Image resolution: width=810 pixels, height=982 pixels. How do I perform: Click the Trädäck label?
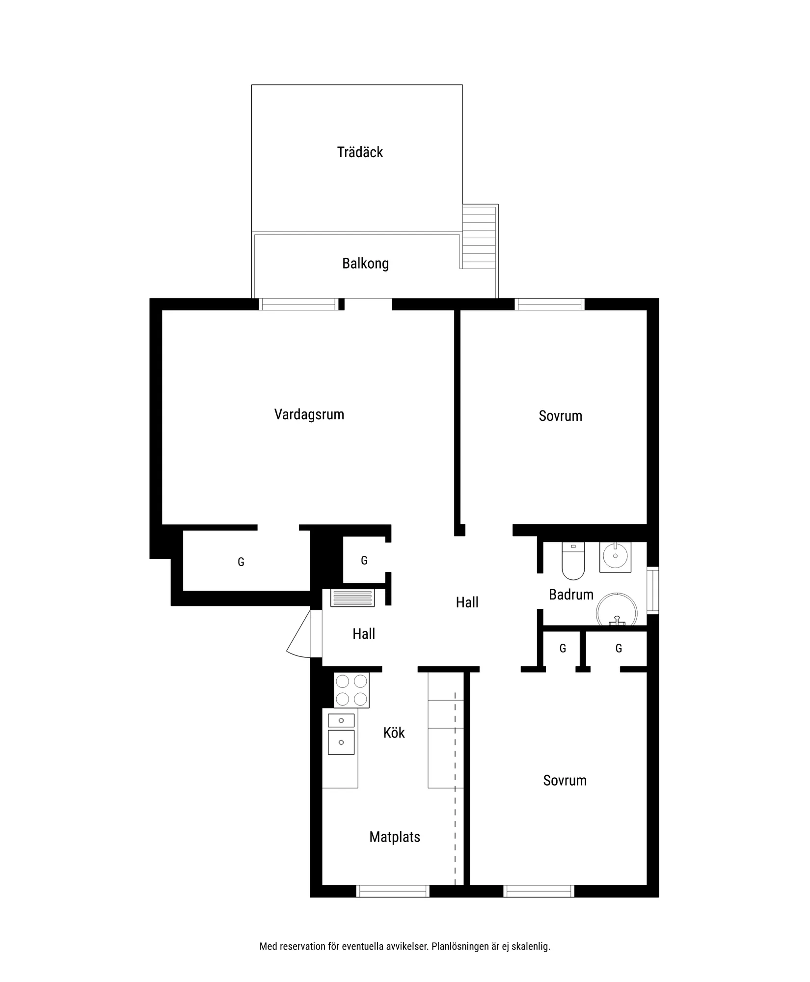pyautogui.click(x=360, y=152)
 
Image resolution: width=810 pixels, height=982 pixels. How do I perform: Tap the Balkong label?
pyautogui.click(x=365, y=264)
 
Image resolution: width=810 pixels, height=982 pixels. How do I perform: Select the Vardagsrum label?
pyautogui.click(x=309, y=414)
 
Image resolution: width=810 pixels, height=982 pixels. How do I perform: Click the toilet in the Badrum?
pyautogui.click(x=573, y=561)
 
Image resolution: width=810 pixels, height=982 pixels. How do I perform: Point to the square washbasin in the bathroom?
pyautogui.click(x=615, y=557)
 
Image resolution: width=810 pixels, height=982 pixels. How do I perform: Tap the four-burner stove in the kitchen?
pyautogui.click(x=351, y=690)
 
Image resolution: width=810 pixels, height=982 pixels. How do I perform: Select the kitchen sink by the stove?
pyautogui.click(x=341, y=734)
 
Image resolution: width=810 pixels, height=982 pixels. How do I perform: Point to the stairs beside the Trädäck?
pyautogui.click(x=480, y=237)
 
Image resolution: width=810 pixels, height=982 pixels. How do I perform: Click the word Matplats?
pyautogui.click(x=395, y=837)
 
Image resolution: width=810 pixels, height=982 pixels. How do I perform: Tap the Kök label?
pyautogui.click(x=394, y=733)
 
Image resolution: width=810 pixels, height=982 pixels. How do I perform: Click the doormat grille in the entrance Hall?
pyautogui.click(x=352, y=598)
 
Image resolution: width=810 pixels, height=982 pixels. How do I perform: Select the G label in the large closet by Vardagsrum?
pyautogui.click(x=241, y=562)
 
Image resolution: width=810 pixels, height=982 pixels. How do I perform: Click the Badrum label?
pyautogui.click(x=571, y=595)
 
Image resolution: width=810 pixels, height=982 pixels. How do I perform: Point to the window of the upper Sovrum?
pyautogui.click(x=549, y=304)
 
